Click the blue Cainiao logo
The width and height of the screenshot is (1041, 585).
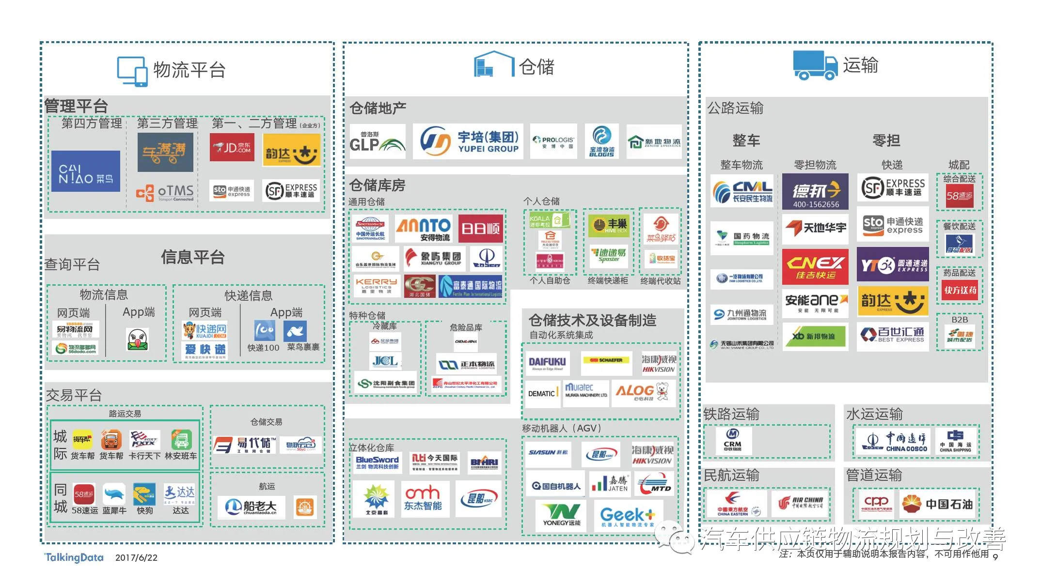[86, 171]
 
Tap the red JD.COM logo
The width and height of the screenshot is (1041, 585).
[232, 147]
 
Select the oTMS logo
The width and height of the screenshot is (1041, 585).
[165, 193]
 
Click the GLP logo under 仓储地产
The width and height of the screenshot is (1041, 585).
[378, 141]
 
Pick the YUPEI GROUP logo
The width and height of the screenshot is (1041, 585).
[468, 141]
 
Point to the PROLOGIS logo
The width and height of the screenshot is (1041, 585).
[553, 141]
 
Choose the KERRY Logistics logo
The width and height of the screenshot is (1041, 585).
[376, 286]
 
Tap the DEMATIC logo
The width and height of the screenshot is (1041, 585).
[542, 394]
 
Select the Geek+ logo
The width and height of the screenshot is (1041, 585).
[628, 517]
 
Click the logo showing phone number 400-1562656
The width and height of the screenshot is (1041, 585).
[815, 192]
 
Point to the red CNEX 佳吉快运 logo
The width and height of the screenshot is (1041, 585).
[815, 267]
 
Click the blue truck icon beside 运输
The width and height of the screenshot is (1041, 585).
[815, 65]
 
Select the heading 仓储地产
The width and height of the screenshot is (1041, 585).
[378, 108]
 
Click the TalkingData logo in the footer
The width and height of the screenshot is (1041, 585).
[74, 557]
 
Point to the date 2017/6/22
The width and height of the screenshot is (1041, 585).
[136, 558]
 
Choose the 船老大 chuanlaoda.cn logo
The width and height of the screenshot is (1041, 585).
[251, 507]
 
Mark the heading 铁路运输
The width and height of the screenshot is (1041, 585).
[731, 414]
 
